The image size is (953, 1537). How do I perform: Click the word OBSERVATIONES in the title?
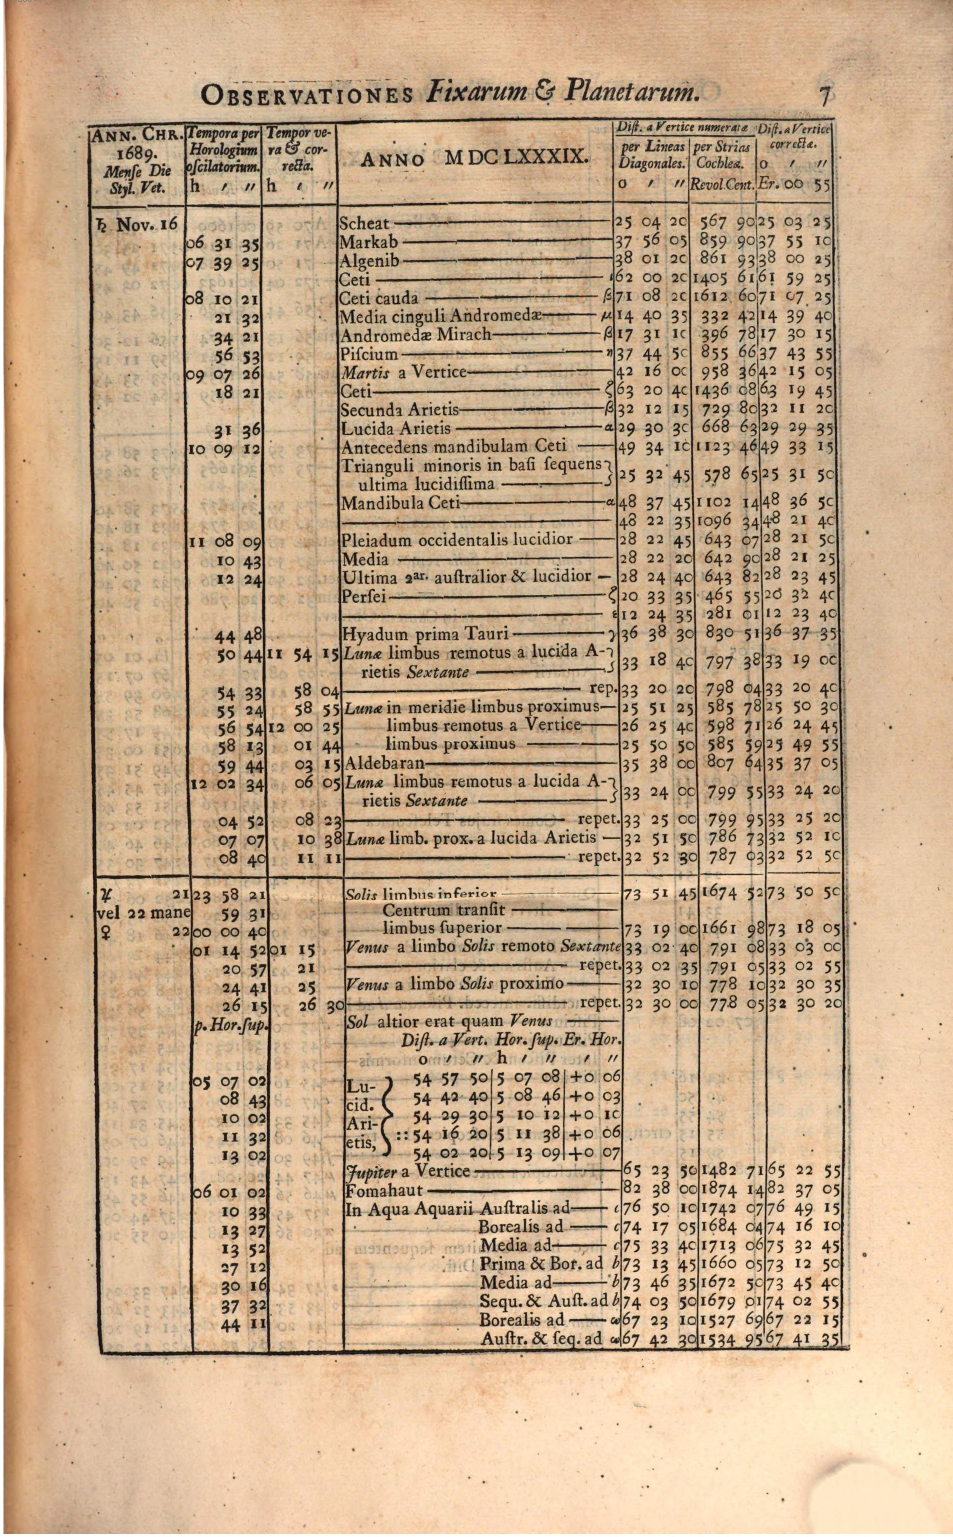[307, 96]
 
